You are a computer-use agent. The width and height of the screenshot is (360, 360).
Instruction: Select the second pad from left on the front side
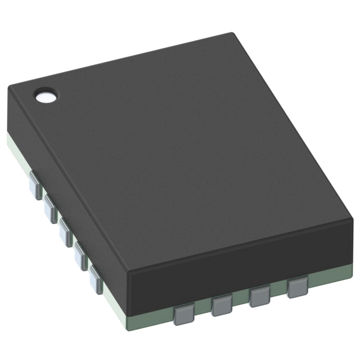point(222,306)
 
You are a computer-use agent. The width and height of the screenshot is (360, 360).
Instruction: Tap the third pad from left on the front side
point(259,296)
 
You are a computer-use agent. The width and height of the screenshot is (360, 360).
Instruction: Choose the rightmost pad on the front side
point(296,288)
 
